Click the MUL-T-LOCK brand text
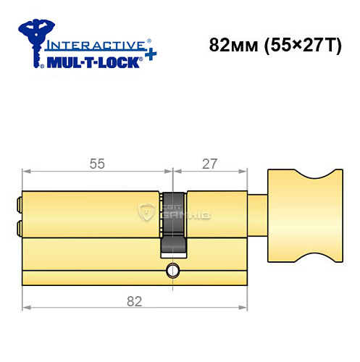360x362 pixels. (93, 63)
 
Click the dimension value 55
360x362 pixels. (97, 164)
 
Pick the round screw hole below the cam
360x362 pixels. (172, 271)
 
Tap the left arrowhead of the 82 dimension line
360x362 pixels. (26, 308)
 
